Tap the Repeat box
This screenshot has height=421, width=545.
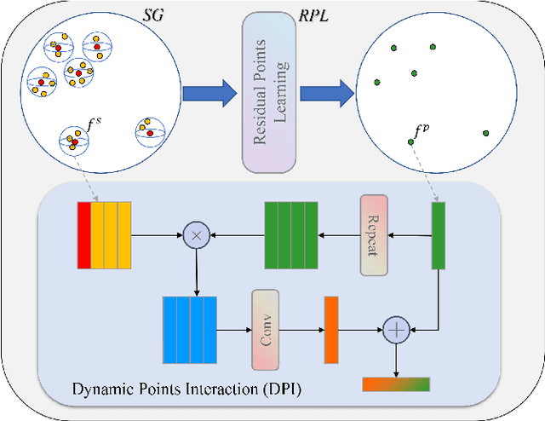pos(374,234)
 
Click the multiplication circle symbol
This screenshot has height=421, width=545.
pos(196,232)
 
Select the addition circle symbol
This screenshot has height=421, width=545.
pos(395,328)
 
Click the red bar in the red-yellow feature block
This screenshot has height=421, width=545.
pos(83,232)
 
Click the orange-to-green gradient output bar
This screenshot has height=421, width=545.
pos(396,384)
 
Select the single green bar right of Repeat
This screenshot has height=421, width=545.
pos(438,234)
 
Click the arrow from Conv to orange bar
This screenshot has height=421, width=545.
pos(301,327)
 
